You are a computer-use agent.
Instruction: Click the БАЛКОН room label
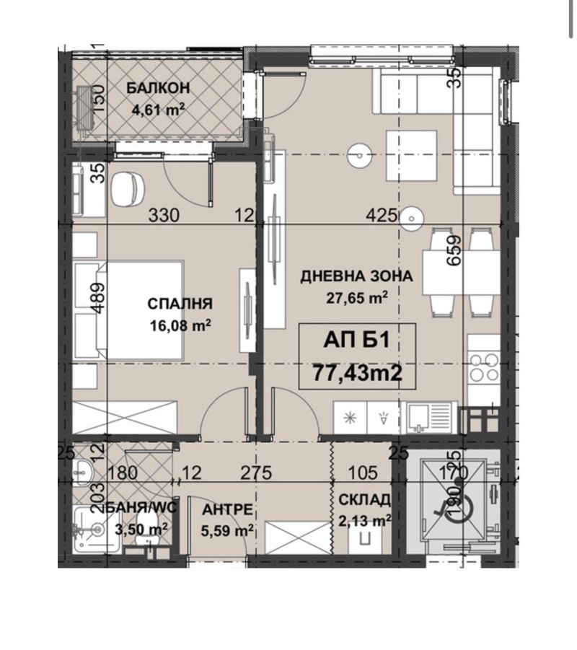[158, 88]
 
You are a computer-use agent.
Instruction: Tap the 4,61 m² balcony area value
[158, 110]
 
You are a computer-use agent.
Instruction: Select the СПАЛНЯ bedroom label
[180, 304]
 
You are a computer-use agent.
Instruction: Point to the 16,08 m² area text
[180, 325]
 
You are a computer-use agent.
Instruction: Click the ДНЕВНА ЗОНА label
[357, 276]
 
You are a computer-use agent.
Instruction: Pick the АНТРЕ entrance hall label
[228, 509]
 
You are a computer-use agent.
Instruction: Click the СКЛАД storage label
[364, 500]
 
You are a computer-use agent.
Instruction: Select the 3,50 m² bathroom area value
[141, 530]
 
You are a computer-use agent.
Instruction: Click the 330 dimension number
[164, 216]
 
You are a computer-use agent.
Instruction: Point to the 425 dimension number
[382, 216]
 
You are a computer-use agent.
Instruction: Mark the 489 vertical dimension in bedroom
[100, 298]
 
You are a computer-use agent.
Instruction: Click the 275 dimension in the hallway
[257, 473]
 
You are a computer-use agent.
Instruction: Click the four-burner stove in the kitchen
[484, 367]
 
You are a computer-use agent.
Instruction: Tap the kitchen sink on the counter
[428, 418]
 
